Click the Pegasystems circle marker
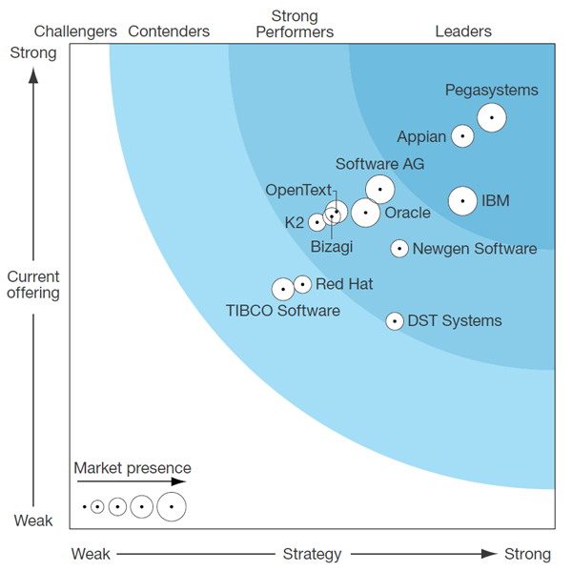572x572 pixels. [492, 117]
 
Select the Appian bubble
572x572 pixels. [462, 136]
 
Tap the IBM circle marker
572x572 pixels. [462, 201]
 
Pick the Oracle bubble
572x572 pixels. [365, 213]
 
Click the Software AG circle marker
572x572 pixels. [380, 190]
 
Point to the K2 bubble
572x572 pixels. [317, 222]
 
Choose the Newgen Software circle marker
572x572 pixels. [399, 249]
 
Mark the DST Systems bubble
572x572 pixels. [395, 321]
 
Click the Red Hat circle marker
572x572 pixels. [302, 284]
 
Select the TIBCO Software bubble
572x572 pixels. [283, 289]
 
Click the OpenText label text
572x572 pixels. [298, 190]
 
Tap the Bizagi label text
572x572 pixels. [332, 247]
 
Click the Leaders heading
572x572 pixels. [463, 31]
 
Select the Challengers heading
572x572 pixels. [75, 31]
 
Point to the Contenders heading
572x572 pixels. [169, 31]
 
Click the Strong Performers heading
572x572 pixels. [295, 24]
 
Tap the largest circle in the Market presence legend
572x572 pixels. [172, 507]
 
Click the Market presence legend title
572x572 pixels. [133, 468]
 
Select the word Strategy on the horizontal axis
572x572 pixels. [313, 554]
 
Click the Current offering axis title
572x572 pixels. [33, 285]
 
